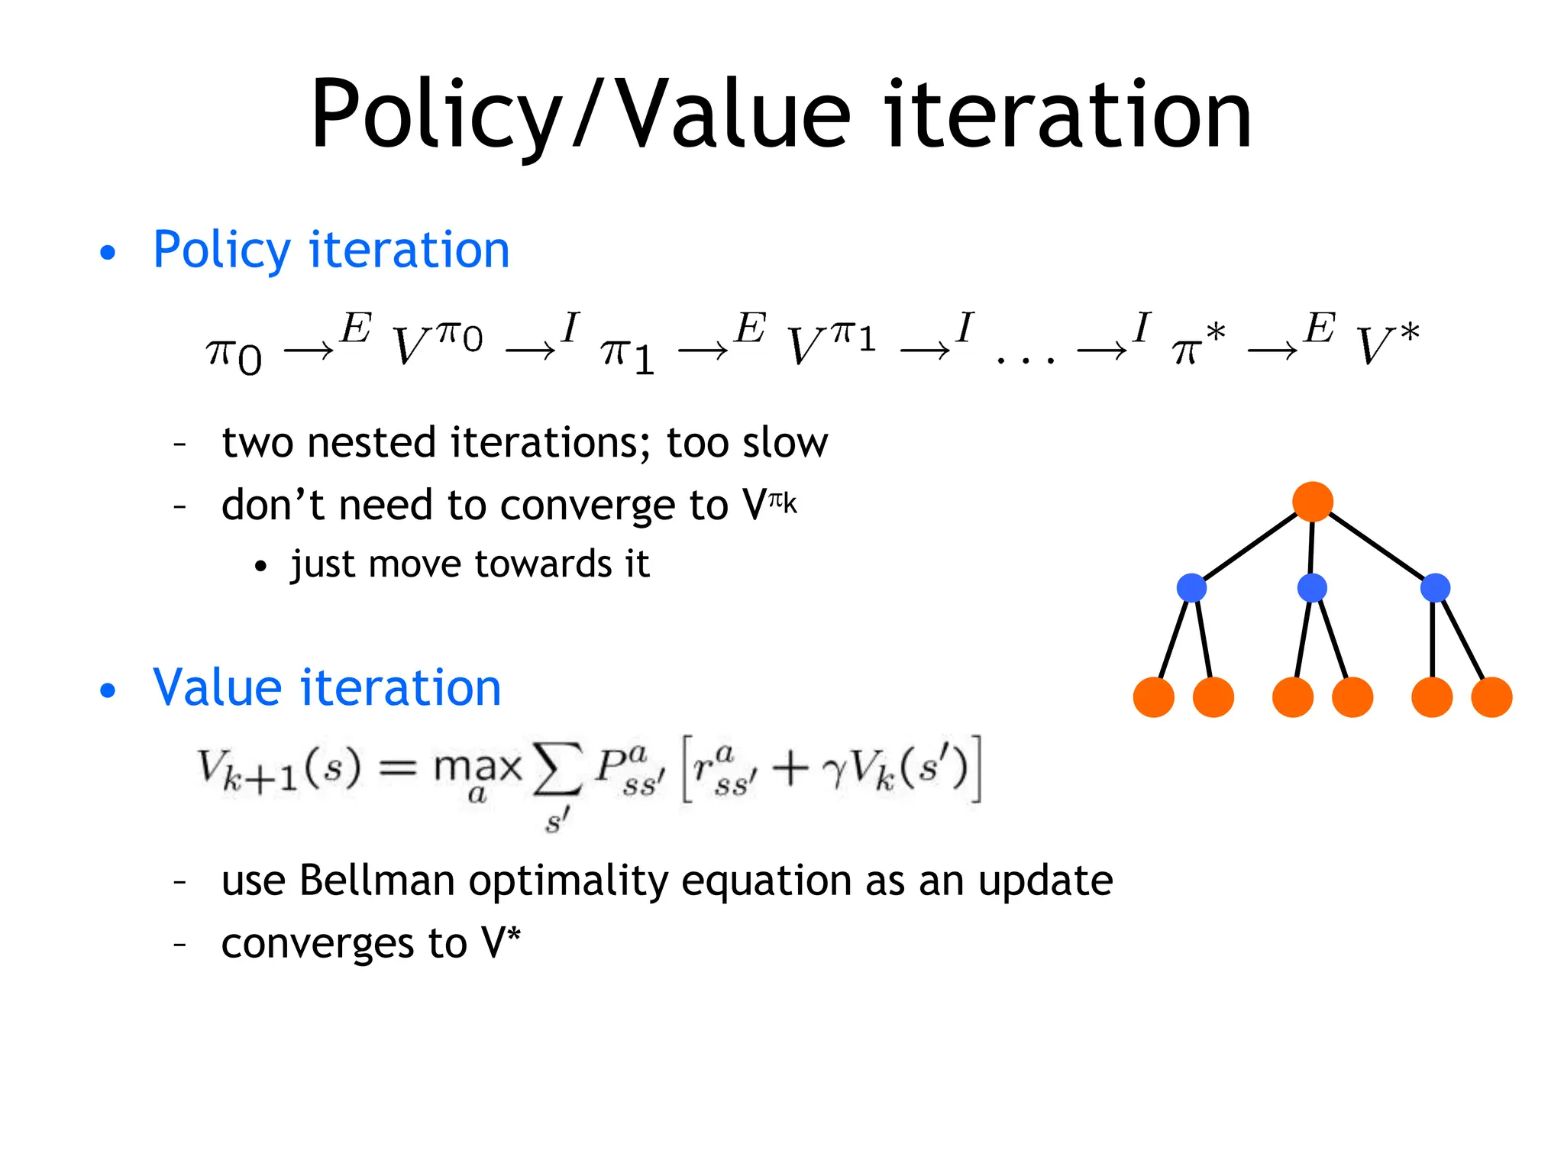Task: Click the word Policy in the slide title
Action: click(435, 116)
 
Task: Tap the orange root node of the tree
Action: click(1312, 502)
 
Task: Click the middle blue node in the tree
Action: click(1312, 587)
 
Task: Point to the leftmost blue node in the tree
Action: click(1191, 587)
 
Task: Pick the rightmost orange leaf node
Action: click(1491, 696)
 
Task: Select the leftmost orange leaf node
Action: click(1153, 696)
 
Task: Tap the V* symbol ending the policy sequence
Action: click(1386, 344)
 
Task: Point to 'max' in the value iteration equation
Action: click(477, 766)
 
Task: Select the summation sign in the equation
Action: click(557, 770)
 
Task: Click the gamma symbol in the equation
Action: click(835, 771)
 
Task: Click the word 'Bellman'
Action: click(377, 880)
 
